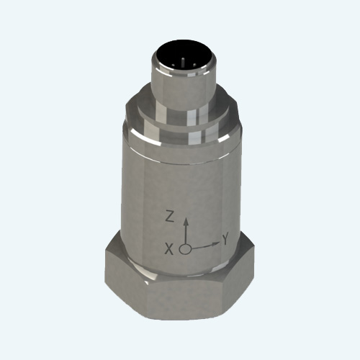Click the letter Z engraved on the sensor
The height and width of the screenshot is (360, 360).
coord(170,217)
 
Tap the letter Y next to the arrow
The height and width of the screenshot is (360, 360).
coord(225,239)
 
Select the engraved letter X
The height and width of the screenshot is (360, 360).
coord(169,249)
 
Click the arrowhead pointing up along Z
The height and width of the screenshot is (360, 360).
coord(185,221)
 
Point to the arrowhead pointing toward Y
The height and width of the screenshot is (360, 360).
coord(216,244)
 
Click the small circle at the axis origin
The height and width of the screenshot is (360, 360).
coord(185,249)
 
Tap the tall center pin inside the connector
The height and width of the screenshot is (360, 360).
coord(183,62)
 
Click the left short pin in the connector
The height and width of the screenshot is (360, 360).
coord(173,65)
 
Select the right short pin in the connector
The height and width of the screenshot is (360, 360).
coord(194,65)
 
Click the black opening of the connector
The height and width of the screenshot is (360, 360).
coord(183,56)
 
